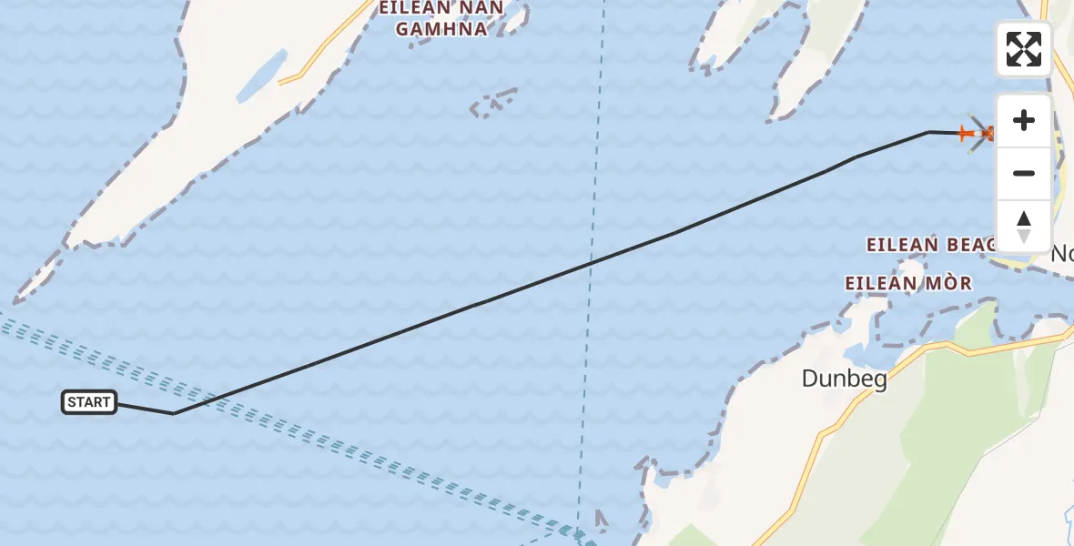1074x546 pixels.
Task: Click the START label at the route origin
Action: (89, 402)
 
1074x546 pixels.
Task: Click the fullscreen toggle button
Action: (1024, 49)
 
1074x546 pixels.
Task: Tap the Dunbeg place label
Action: (844, 379)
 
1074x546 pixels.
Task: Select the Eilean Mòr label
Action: (907, 283)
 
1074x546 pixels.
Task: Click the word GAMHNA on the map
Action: (441, 29)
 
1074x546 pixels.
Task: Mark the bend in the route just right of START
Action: (173, 413)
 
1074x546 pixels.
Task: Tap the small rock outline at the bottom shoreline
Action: (601, 521)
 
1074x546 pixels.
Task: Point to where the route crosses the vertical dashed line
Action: (590, 264)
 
